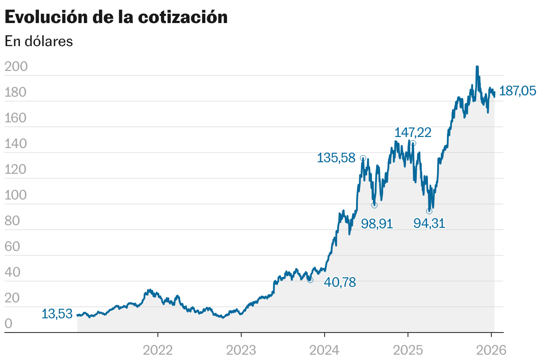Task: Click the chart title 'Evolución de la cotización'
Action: (116, 17)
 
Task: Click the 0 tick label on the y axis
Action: (8, 324)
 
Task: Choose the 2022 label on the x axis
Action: (158, 350)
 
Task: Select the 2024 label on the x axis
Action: (325, 350)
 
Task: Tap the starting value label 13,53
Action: (57, 314)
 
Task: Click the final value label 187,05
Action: (517, 91)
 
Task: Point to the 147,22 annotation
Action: (413, 133)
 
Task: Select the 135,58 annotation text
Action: (336, 158)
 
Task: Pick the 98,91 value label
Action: (377, 223)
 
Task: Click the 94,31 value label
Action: (429, 223)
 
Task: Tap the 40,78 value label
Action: (340, 282)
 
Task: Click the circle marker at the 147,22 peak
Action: (413, 143)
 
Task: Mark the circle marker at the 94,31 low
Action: (429, 211)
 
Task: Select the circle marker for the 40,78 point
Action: (310, 280)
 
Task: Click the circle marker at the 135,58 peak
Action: (363, 158)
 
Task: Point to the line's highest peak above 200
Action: (477, 67)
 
